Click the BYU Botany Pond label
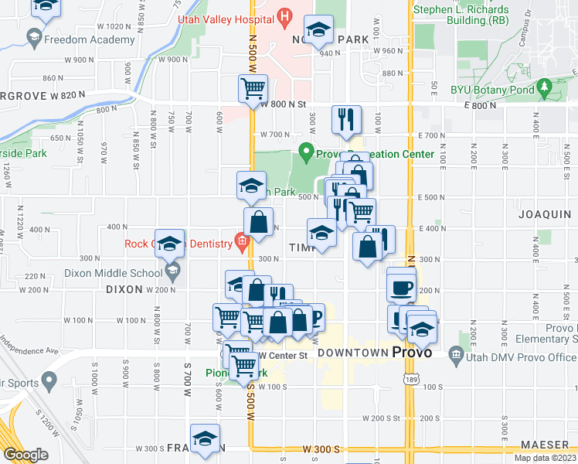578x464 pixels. [x=493, y=89]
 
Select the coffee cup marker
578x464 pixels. [x=401, y=287]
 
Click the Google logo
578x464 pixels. [x=25, y=455]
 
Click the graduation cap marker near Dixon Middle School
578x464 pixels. [x=170, y=242]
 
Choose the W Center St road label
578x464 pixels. [x=283, y=356]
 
